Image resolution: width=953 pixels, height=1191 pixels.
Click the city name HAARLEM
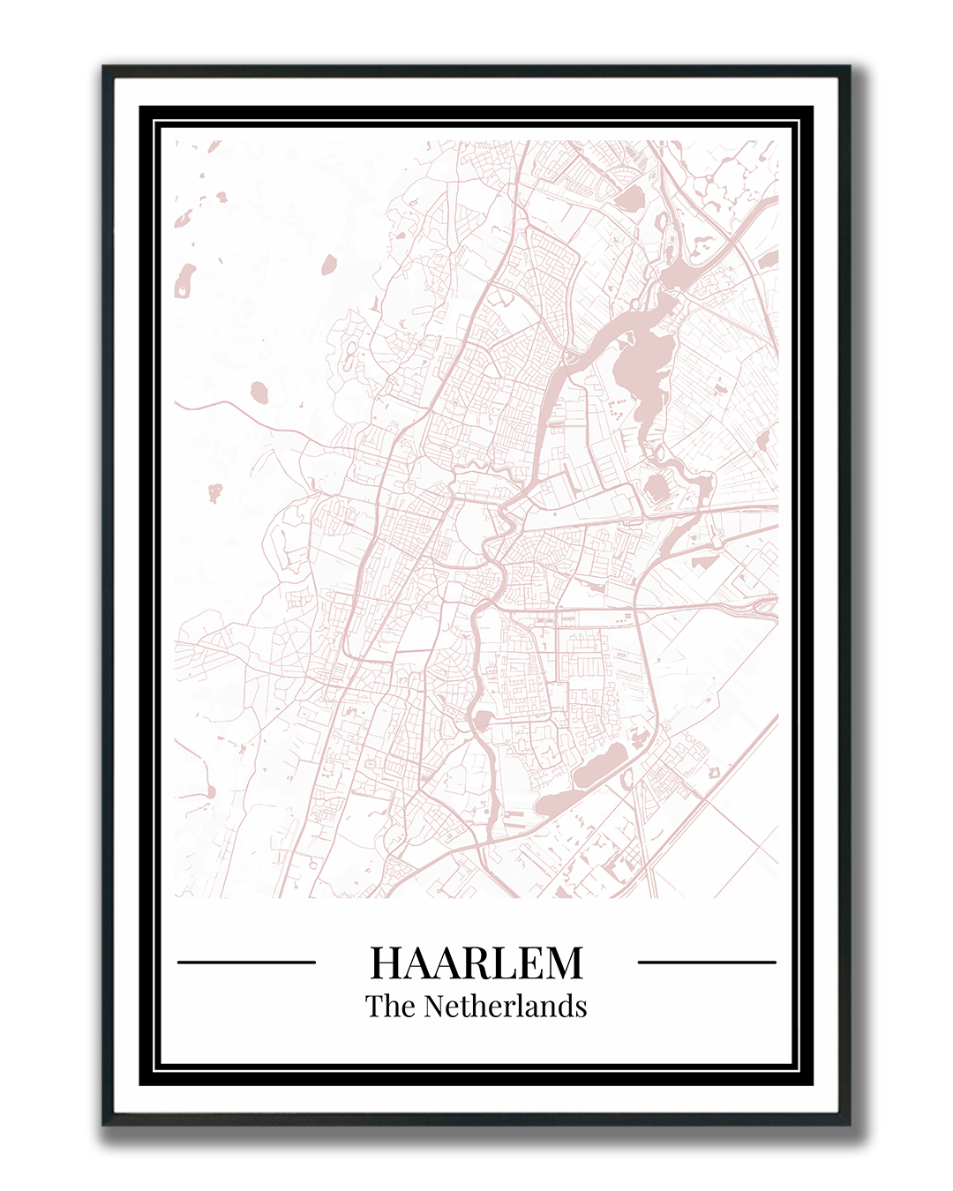click(476, 963)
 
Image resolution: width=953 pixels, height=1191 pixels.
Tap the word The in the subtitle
click(390, 1007)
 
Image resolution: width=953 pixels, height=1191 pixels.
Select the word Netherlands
click(506, 1007)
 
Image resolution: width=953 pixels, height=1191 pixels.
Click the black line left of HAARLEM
click(246, 962)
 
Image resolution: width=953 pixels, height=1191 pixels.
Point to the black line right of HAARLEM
click(707, 962)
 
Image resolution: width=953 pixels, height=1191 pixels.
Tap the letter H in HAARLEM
click(386, 963)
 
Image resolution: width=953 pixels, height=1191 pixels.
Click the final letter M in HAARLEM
click(565, 963)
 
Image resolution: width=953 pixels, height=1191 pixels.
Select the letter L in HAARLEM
click(500, 963)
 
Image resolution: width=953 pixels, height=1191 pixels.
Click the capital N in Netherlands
click(434, 1007)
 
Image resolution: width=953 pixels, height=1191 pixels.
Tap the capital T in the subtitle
click(375, 1007)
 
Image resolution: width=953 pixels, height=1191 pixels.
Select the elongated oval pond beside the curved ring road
click(600, 767)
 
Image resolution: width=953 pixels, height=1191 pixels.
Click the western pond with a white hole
click(184, 281)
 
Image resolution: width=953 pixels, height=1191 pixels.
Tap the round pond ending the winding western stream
click(209, 790)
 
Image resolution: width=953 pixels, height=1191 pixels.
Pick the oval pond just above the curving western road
click(259, 390)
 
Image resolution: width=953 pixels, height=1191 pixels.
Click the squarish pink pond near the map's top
click(628, 200)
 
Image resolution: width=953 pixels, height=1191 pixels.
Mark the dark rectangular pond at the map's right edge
click(769, 259)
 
